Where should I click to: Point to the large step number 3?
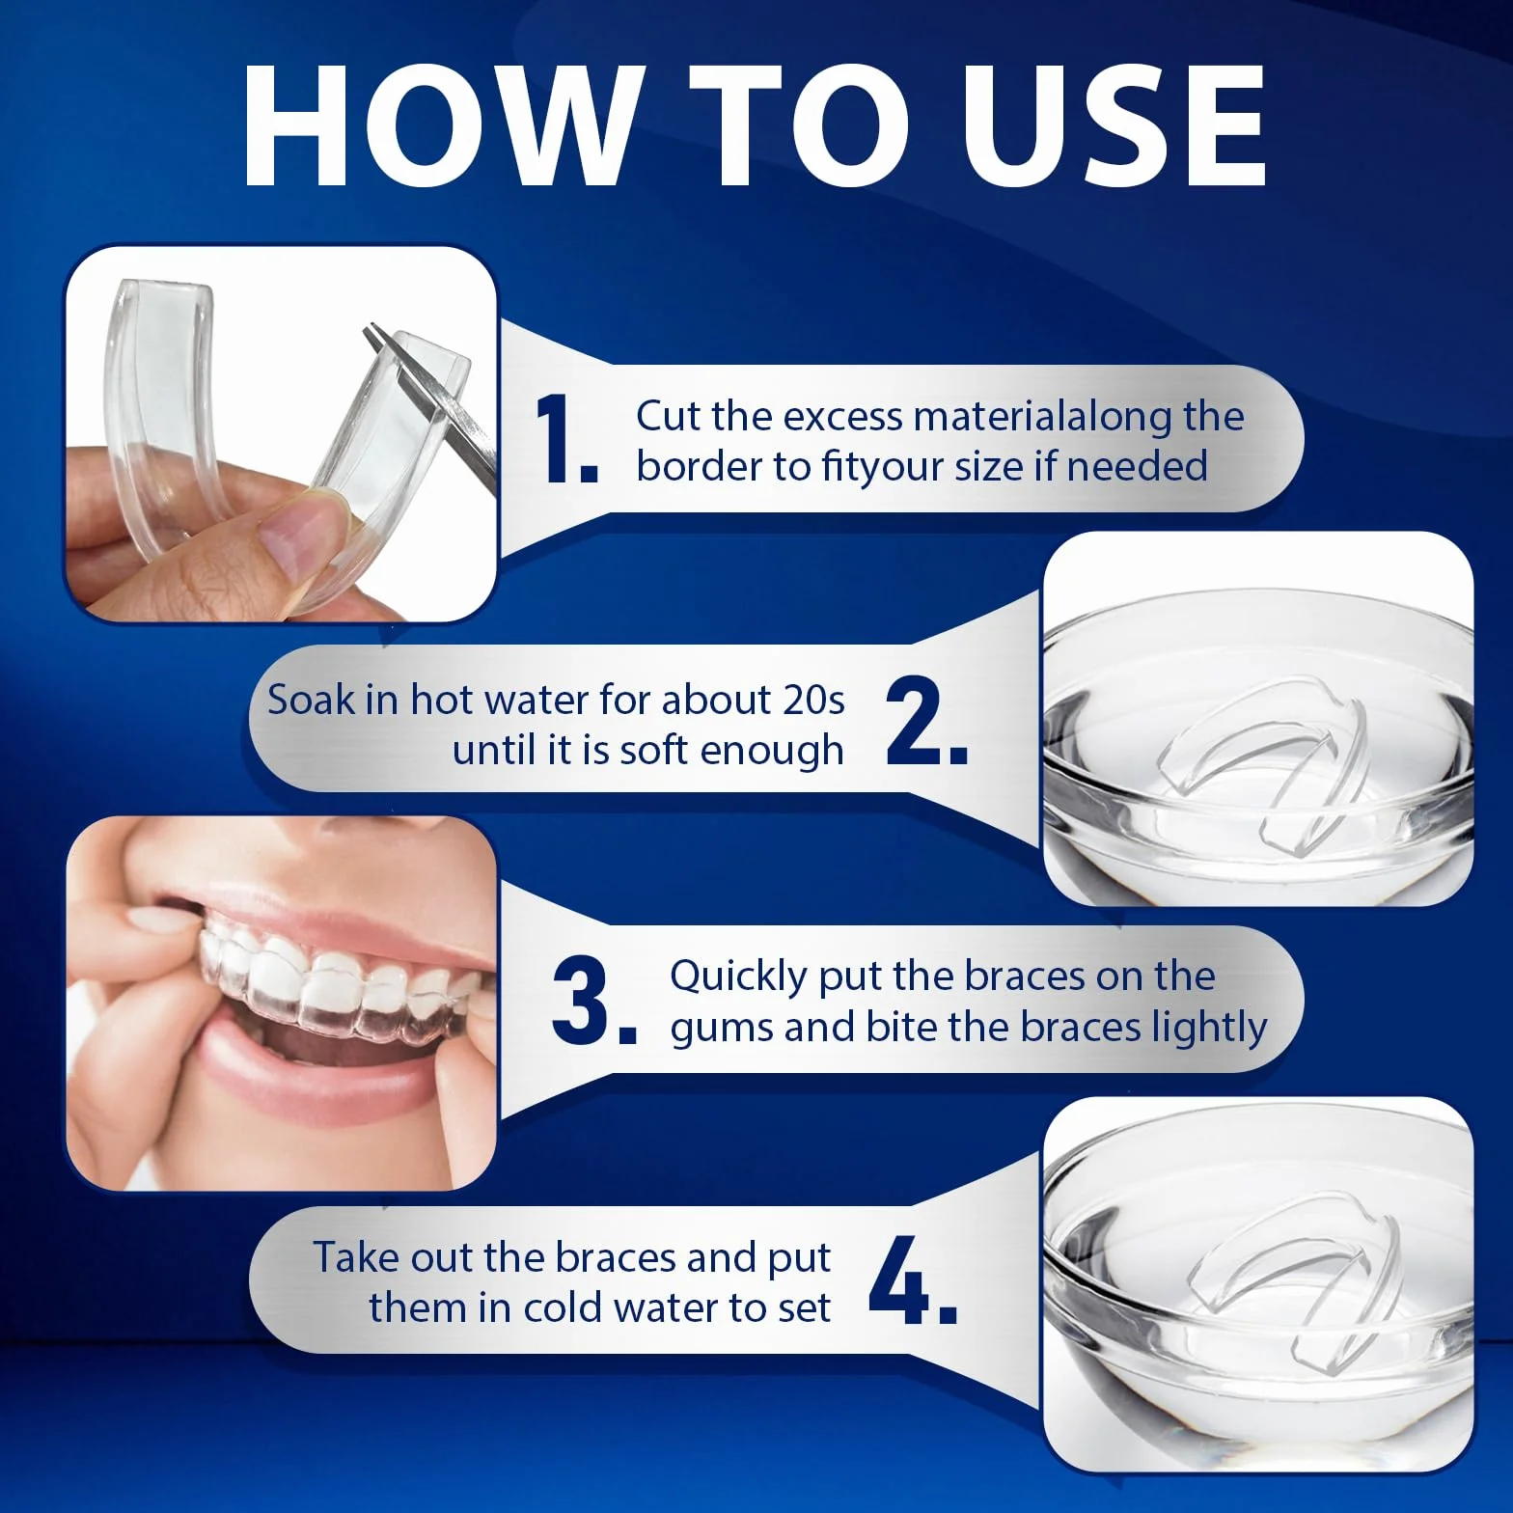(594, 1002)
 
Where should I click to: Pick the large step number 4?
(913, 1279)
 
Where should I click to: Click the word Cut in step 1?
(669, 416)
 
